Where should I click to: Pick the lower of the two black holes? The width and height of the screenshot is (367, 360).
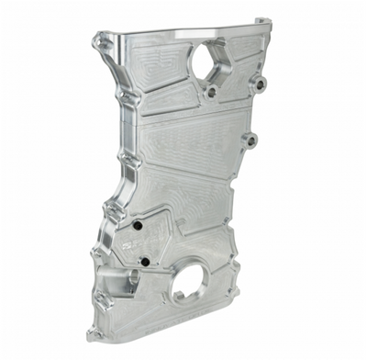tap(145, 262)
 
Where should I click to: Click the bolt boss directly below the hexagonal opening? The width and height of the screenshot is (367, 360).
tap(212, 92)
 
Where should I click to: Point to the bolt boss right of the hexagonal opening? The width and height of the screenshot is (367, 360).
tap(260, 84)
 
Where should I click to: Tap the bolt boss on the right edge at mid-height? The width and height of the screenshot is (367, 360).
tap(250, 141)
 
